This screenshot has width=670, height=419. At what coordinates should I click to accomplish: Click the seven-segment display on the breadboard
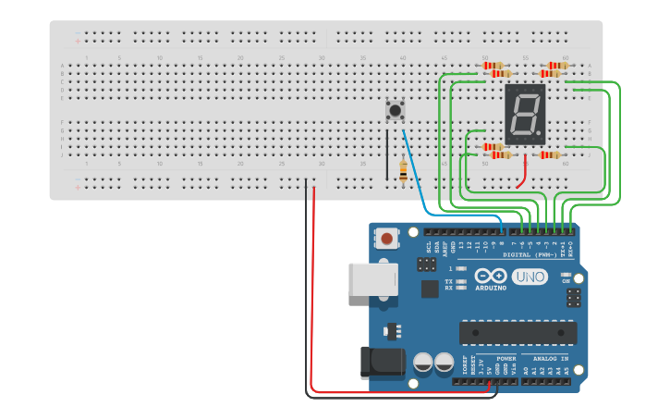point(525,114)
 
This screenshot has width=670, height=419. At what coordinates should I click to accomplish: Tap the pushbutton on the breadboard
point(395,111)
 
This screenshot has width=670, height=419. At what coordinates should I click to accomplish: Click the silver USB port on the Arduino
point(372,278)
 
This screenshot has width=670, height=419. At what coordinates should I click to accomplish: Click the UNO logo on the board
point(530,277)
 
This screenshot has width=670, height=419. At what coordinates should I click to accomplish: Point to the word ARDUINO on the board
point(491,288)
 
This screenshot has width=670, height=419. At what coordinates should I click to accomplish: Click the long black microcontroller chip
point(518,332)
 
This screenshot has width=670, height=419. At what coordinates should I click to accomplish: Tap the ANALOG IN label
point(551,358)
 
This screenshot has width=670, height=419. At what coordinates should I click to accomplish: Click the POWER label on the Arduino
point(506,358)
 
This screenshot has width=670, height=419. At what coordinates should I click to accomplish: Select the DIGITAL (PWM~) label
point(530,253)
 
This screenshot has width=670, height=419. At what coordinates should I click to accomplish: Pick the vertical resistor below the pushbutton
point(403,170)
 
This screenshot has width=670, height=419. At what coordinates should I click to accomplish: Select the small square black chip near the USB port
point(430,289)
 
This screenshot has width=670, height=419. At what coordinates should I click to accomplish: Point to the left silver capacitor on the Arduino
point(423,362)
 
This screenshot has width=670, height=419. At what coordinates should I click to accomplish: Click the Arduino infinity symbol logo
point(491,276)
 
